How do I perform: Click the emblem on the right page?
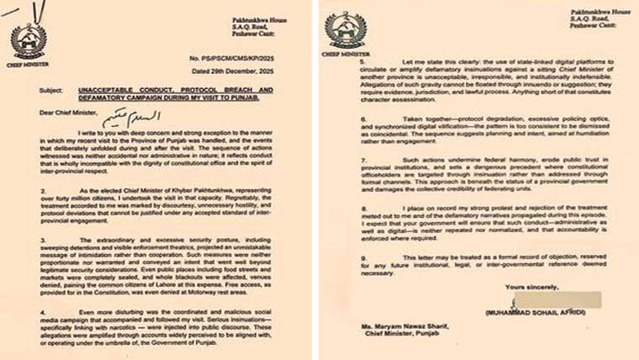tap(346, 29)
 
